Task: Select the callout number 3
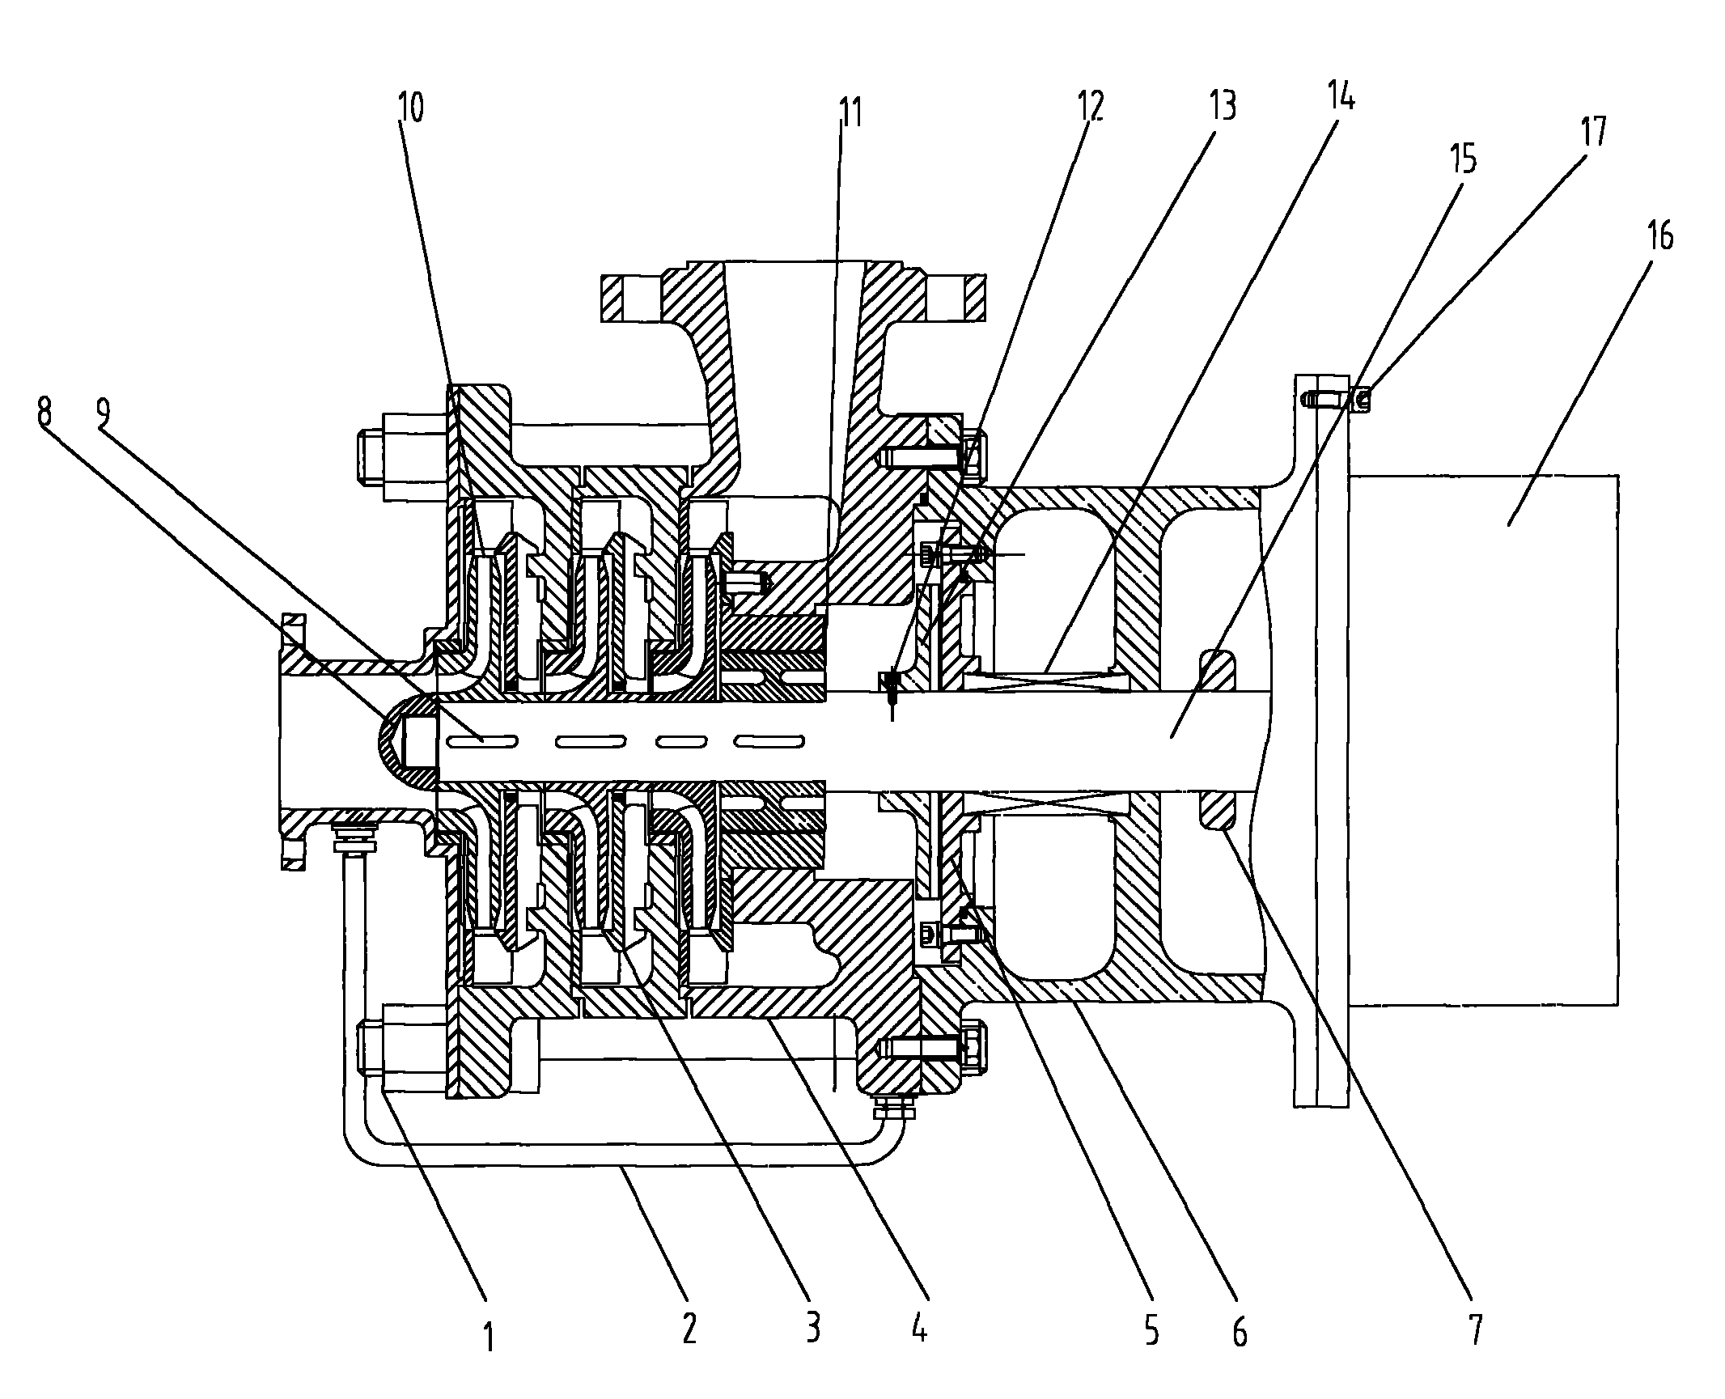coord(812,1328)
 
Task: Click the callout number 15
coord(1464,159)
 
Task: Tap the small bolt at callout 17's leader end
coord(1335,398)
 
